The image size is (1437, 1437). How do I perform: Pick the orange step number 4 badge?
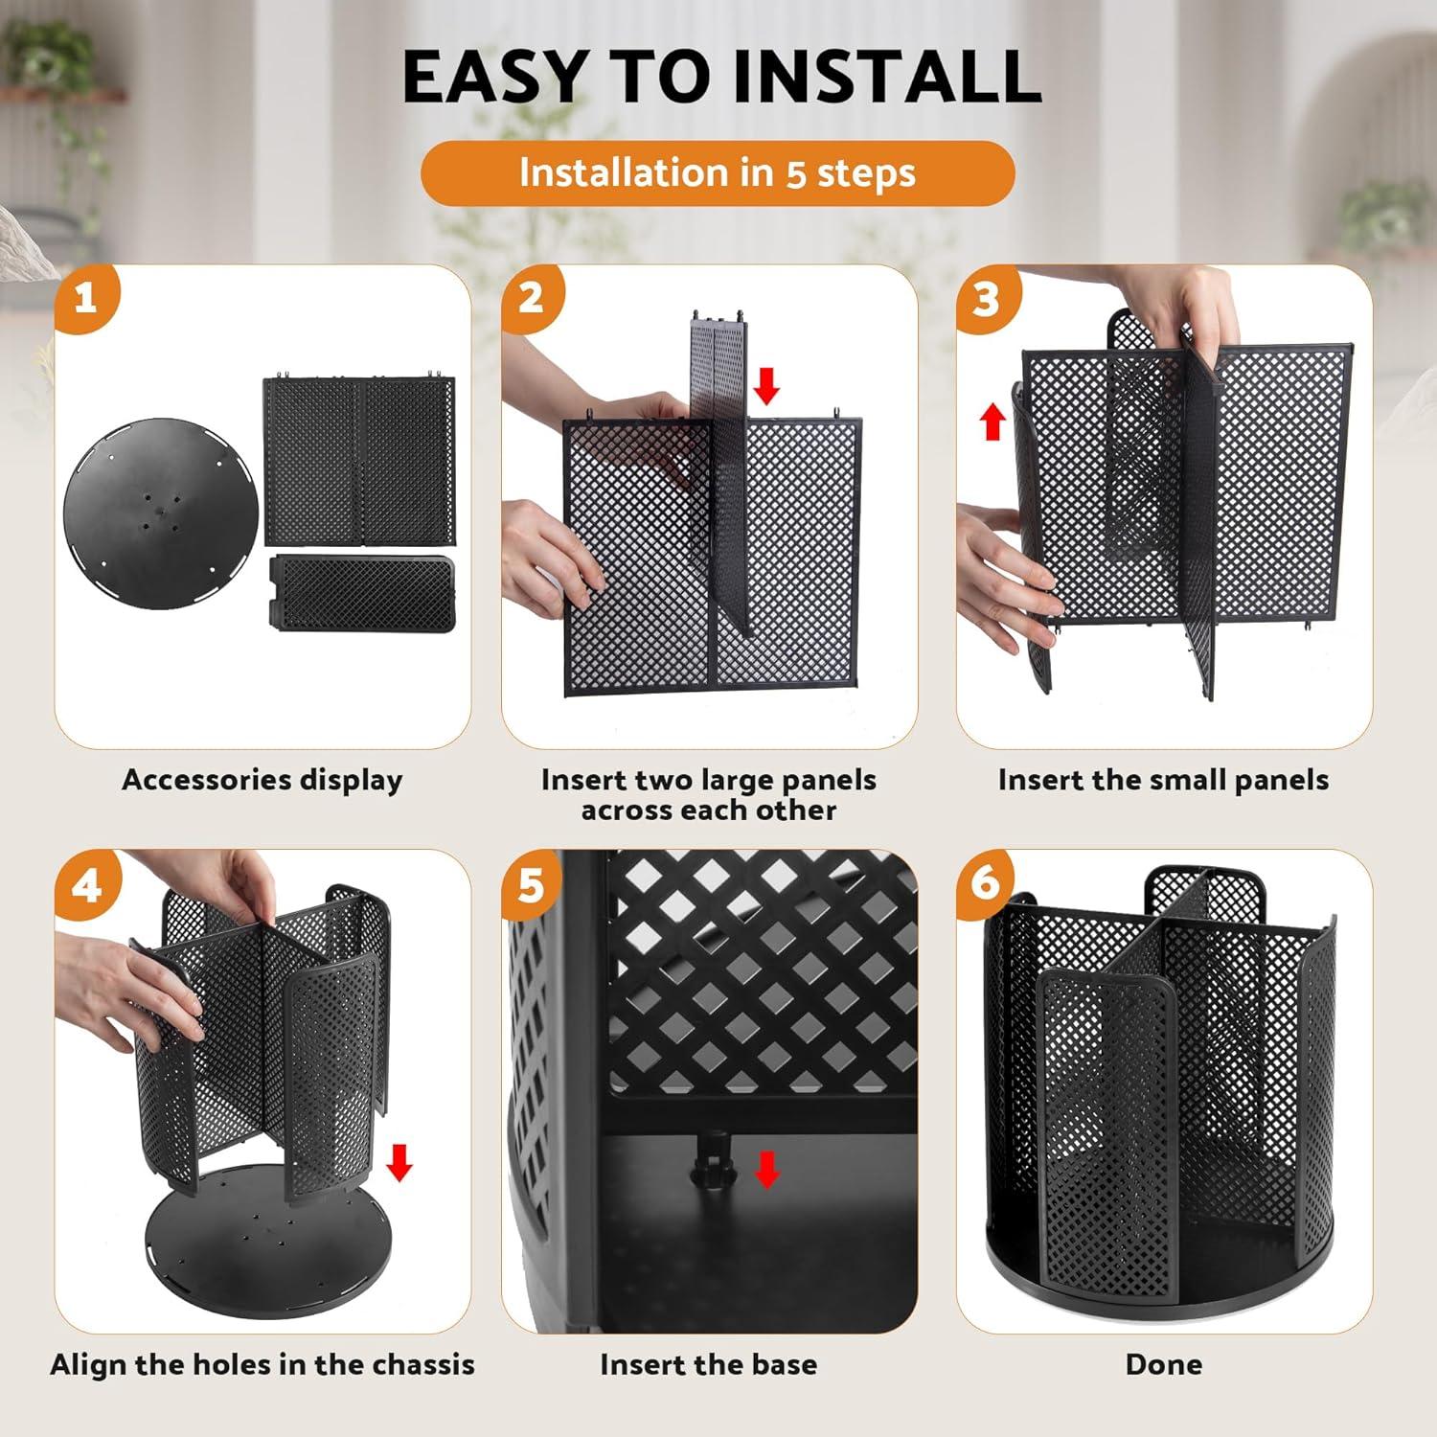[x=86, y=885]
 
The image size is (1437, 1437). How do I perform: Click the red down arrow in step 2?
[x=766, y=386]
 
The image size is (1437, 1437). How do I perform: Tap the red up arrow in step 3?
[x=993, y=422]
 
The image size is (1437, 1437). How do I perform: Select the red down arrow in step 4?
[x=399, y=1163]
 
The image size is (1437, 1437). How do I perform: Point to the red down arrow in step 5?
[x=766, y=1169]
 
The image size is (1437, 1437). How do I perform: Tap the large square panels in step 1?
[x=359, y=461]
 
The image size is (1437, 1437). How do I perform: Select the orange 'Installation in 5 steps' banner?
[x=718, y=173]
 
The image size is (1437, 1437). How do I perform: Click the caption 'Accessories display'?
[x=262, y=780]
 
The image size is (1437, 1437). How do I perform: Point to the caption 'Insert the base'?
[x=708, y=1364]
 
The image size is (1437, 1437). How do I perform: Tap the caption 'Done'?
[x=1163, y=1364]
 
